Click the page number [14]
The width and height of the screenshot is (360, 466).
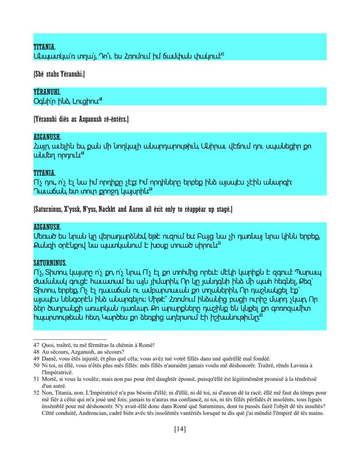point(180,429)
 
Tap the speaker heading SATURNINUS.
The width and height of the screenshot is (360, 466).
point(50,263)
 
